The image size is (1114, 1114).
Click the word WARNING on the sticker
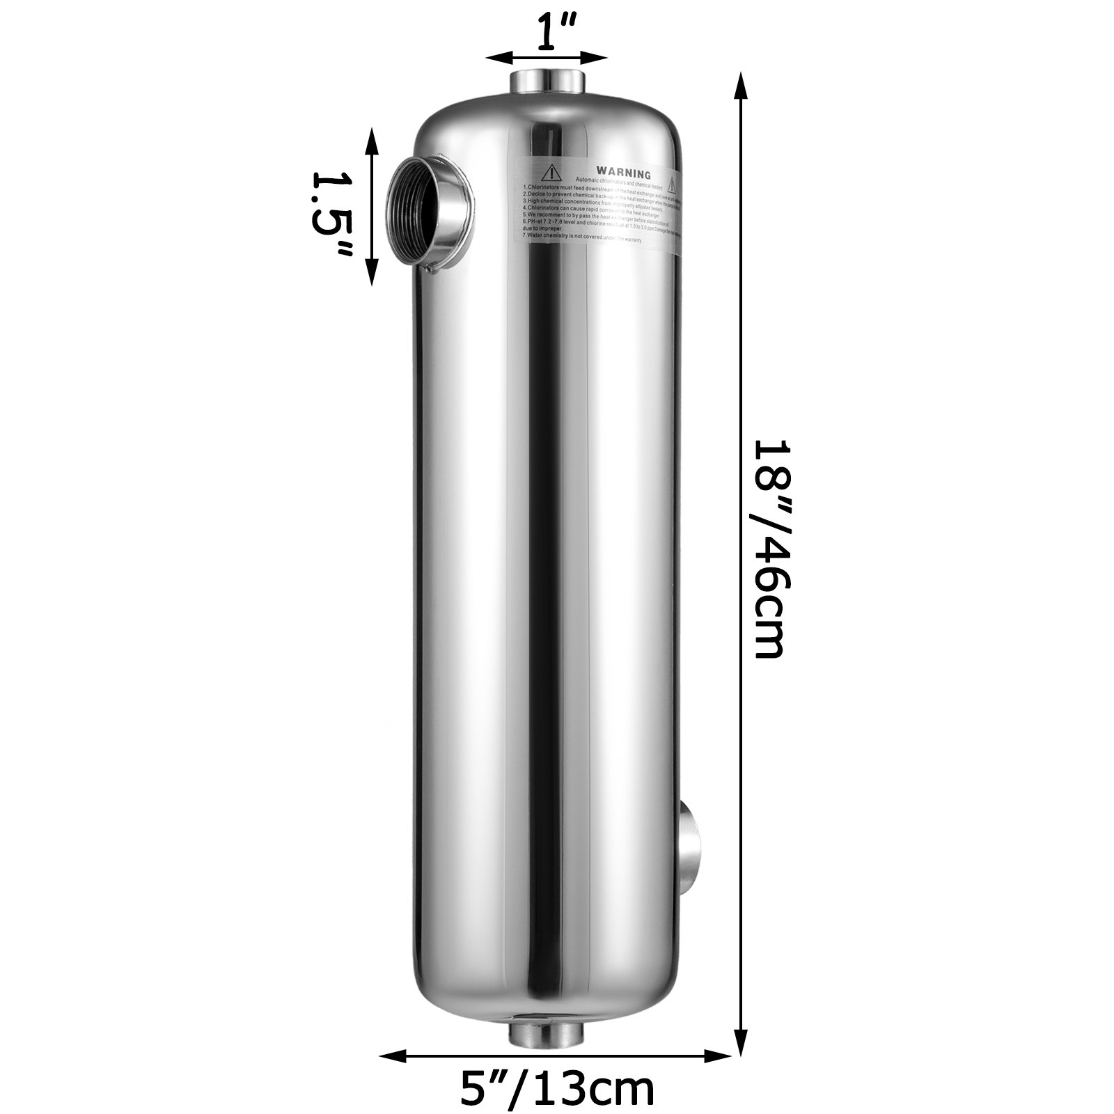point(622,173)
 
